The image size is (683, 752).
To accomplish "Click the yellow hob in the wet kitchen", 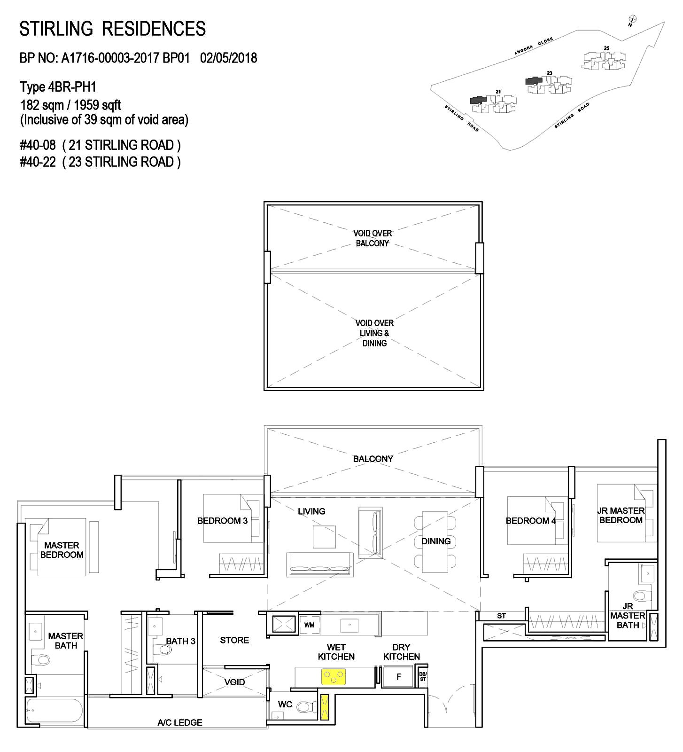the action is coord(333,677).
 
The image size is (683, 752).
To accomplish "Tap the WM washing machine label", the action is coord(309,625).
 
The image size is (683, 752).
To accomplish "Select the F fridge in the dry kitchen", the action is coord(398,677).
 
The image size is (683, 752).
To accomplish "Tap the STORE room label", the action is coord(234,640).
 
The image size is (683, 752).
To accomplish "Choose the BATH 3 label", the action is coord(180,641).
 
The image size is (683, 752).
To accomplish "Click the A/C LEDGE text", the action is coord(180,722).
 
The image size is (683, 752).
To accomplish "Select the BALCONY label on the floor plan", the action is coord(373,459).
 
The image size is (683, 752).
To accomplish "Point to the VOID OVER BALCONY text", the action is coord(373,238).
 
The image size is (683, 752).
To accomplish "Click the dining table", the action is coord(436,541).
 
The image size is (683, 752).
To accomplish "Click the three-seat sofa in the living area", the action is coord(319,565).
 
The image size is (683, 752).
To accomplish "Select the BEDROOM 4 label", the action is coord(530,521).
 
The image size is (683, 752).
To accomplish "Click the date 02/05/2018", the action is coord(229,58).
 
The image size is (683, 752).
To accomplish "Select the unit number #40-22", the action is coord(38,162).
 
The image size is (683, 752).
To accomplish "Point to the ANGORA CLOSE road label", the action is coord(533,47).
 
